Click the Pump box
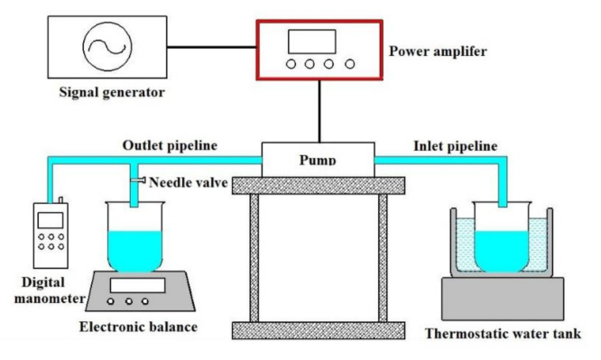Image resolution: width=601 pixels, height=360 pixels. click(x=318, y=159)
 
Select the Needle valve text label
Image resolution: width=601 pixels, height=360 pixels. click(x=188, y=182)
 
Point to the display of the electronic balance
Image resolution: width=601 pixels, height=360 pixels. click(x=136, y=285)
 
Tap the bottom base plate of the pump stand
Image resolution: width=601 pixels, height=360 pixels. click(x=318, y=328)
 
